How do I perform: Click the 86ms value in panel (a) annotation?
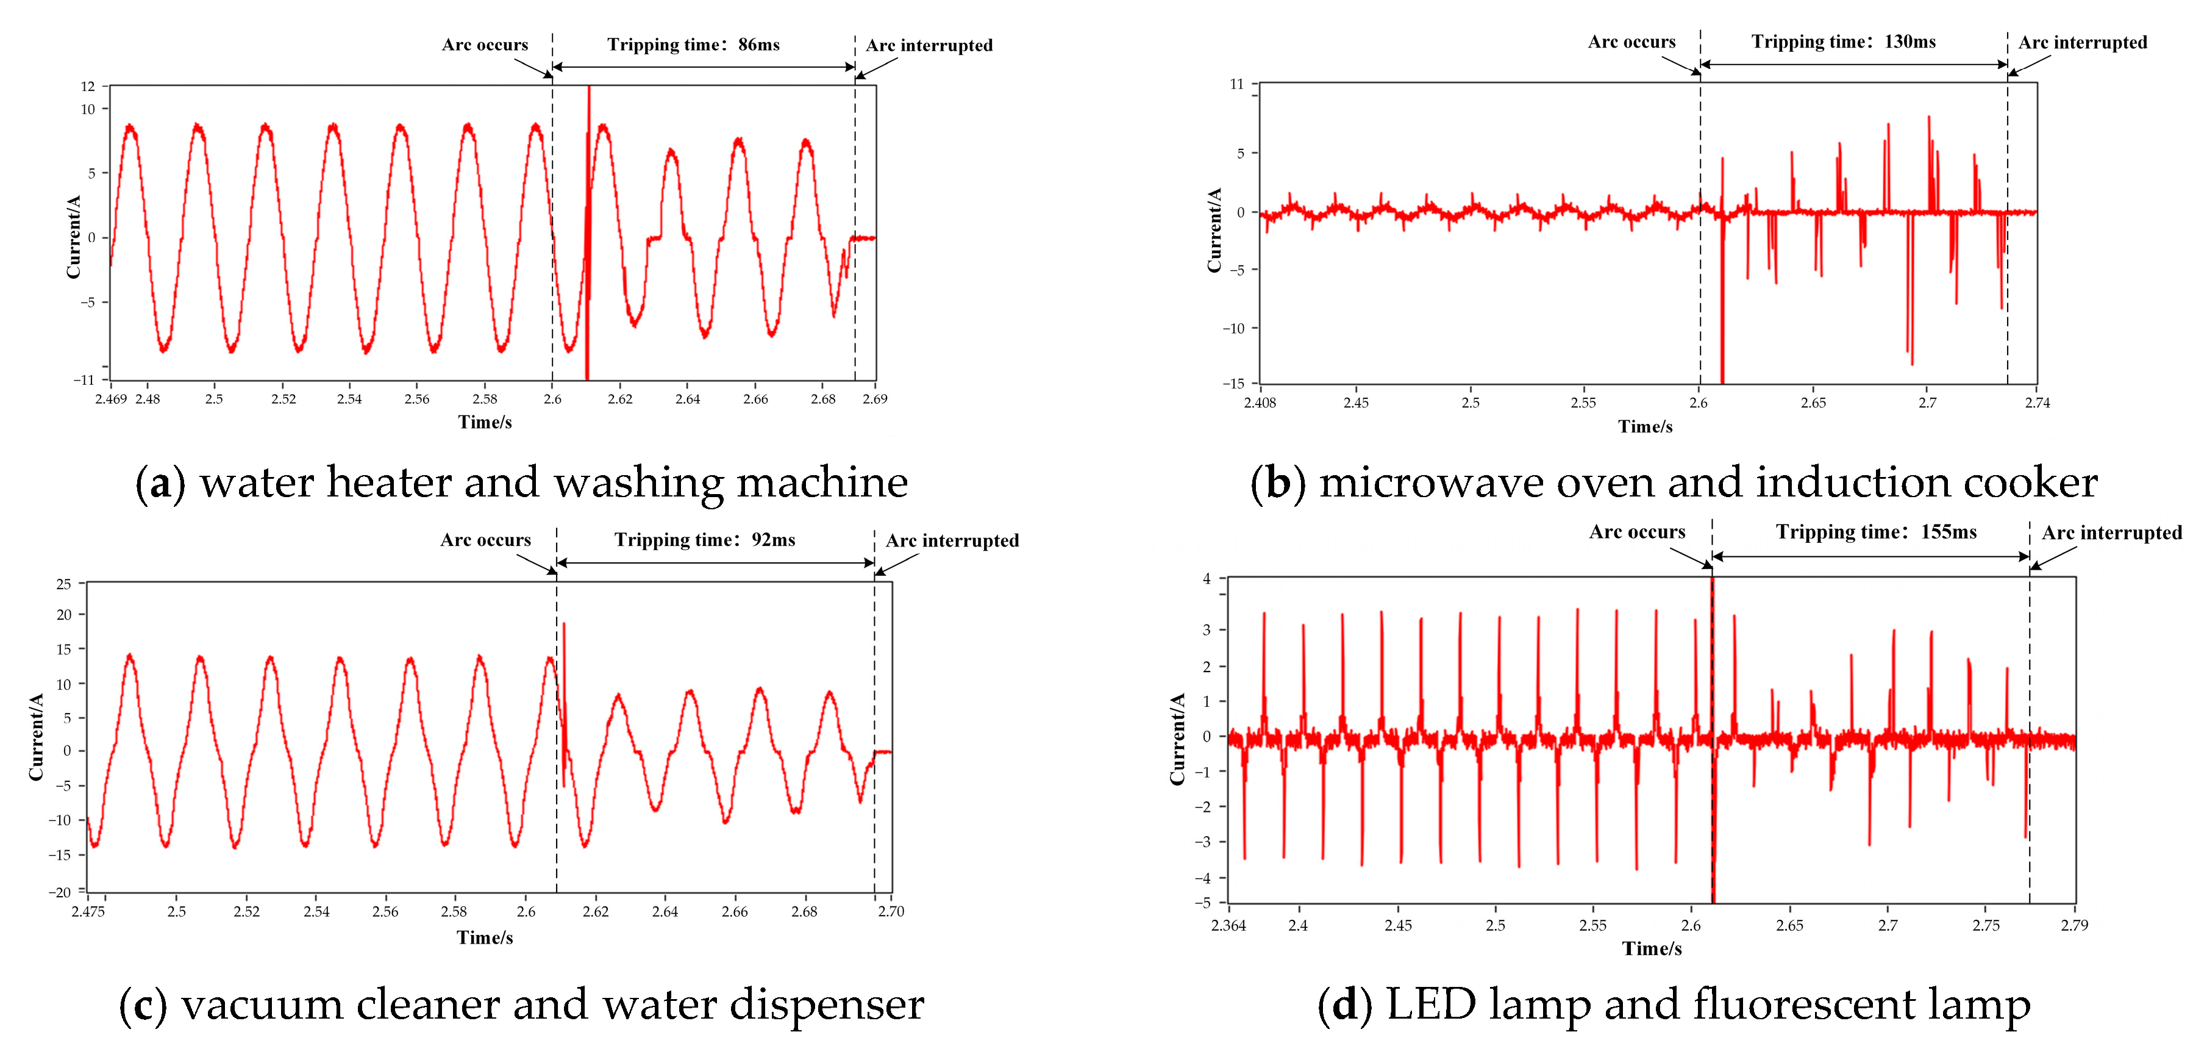pos(759,45)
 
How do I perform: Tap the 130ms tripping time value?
pos(1909,42)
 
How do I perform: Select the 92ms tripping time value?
pos(774,540)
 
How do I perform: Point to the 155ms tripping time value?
pos(1949,532)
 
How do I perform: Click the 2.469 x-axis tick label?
pos(110,400)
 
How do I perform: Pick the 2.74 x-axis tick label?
pos(2036,403)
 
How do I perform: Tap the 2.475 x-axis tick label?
pos(88,912)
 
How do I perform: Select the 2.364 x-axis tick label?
pos(1228,925)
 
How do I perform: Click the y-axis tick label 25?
pos(63,584)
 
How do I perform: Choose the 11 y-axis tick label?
pos(1236,84)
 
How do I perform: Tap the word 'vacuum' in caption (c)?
pos(262,1005)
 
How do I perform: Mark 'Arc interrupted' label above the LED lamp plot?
pos(2111,533)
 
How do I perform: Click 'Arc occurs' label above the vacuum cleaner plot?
pos(486,540)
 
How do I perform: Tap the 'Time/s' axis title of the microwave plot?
pos(1645,427)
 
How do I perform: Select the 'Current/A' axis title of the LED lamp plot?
pos(1178,739)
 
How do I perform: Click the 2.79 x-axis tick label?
pos(2074,925)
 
